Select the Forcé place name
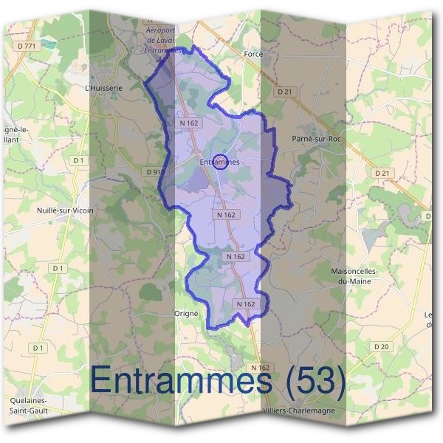pyautogui.click(x=253, y=54)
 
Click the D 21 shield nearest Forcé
pyautogui.click(x=286, y=92)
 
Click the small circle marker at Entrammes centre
pyautogui.click(x=219, y=163)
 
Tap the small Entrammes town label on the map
pyautogui.click(x=220, y=161)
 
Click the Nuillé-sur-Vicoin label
pyautogui.click(x=65, y=210)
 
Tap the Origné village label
pyautogui.click(x=187, y=313)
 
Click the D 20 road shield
pyautogui.click(x=381, y=346)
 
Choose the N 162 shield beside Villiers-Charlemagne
pyautogui.click(x=261, y=367)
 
